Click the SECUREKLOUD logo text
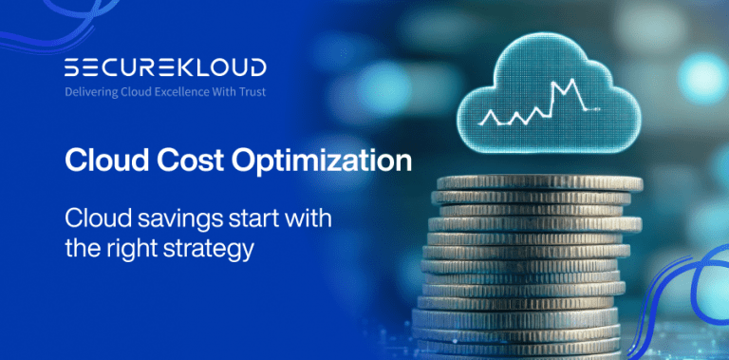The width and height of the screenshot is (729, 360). pos(164,68)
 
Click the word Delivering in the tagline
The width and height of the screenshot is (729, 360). pos(91,93)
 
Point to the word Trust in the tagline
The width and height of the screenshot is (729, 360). pos(250,93)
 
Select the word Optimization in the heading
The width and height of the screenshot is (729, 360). pos(322,161)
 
